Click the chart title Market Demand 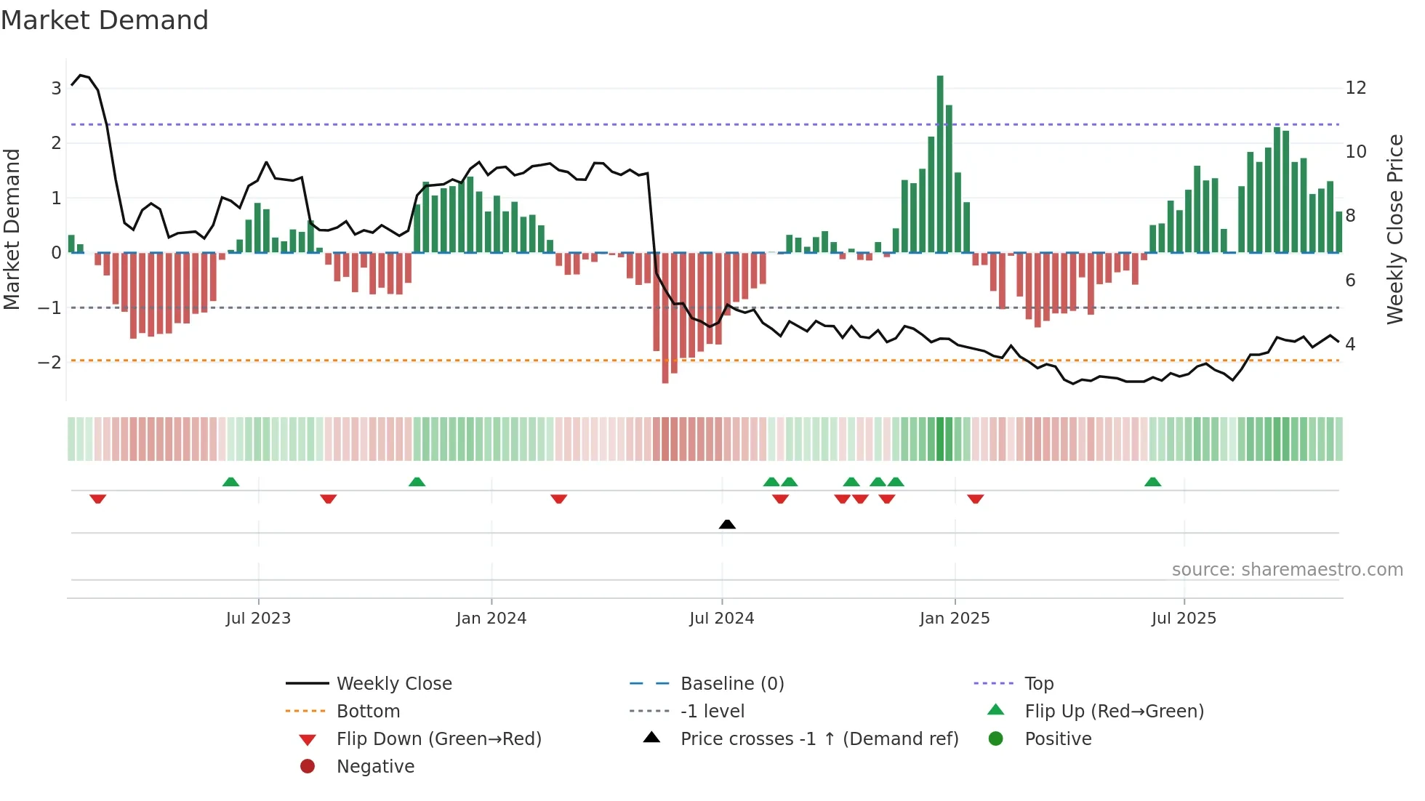105,20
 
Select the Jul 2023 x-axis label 258,619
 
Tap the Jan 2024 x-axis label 491,619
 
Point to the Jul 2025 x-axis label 1184,619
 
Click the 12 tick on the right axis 1356,88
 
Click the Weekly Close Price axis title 1394,229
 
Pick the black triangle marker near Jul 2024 727,524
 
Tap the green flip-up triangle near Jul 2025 1152,482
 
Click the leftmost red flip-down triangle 98,499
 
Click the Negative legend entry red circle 308,766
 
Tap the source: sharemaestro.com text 1287,569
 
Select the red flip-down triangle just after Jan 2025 976,499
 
